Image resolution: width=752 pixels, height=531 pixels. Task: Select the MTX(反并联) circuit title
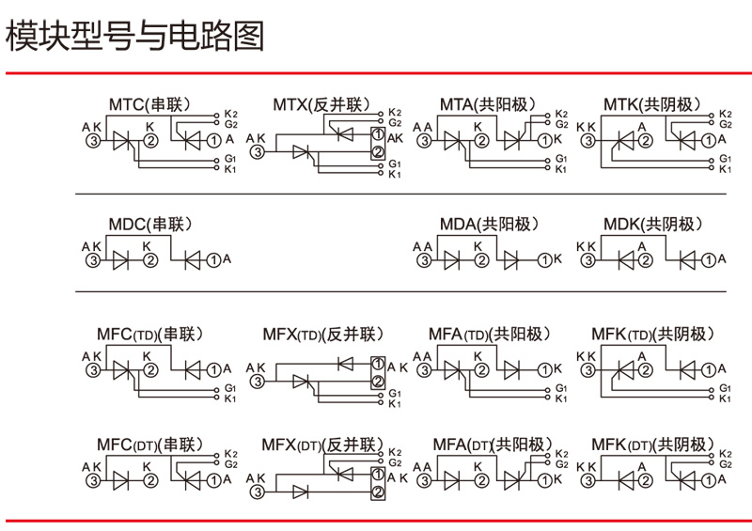(321, 103)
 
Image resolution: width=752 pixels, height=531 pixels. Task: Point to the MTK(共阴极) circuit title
(652, 103)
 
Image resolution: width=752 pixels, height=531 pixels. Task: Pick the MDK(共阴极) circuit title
(652, 225)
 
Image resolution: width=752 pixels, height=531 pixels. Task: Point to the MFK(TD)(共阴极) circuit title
(652, 335)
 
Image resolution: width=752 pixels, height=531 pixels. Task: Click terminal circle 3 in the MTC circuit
(93, 141)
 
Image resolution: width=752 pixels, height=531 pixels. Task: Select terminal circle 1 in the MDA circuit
(542, 260)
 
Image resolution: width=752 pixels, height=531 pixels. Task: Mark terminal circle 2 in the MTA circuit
(481, 141)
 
